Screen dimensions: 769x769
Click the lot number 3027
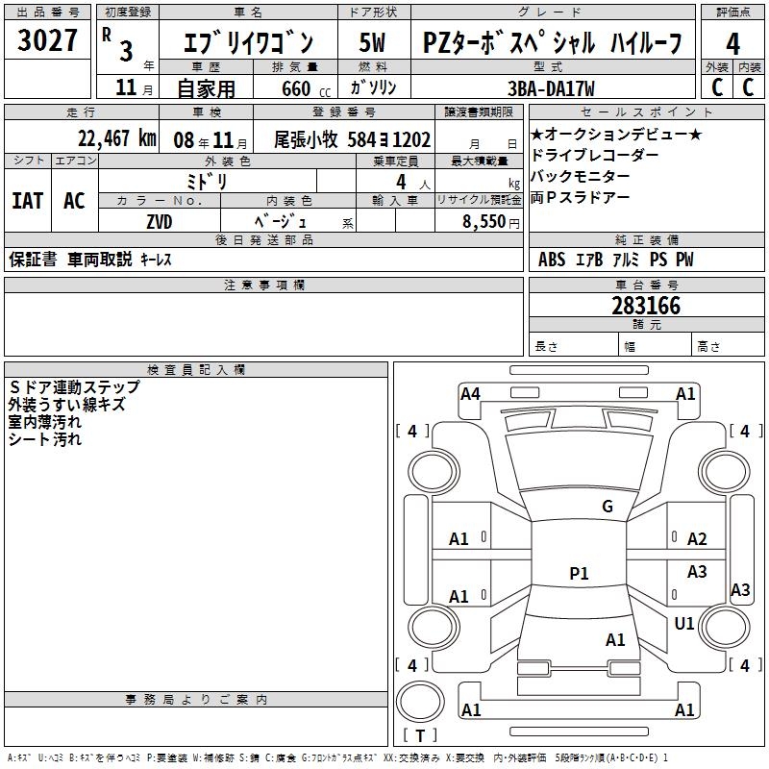(x=47, y=41)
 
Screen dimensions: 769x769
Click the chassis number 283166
(x=646, y=306)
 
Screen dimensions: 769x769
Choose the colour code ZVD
(x=160, y=220)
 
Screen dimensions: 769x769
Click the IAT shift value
(x=27, y=201)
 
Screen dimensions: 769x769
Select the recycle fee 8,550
(x=478, y=220)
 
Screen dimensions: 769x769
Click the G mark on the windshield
(x=607, y=507)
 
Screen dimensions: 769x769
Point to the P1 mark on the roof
(x=579, y=574)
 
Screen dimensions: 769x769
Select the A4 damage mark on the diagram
(x=470, y=393)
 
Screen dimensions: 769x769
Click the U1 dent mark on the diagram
(x=684, y=624)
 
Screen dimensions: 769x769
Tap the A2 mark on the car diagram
(x=697, y=539)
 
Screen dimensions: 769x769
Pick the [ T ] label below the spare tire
(x=419, y=735)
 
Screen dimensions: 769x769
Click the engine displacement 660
(x=296, y=88)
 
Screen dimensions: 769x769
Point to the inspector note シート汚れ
(x=45, y=439)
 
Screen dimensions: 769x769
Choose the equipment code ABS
(x=552, y=260)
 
